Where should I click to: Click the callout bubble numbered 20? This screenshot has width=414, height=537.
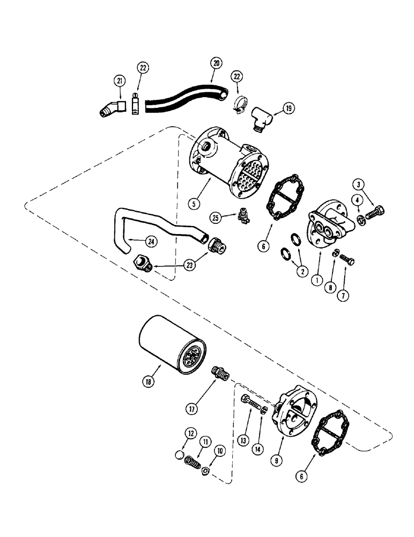(x=216, y=63)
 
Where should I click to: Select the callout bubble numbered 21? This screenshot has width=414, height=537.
(x=119, y=81)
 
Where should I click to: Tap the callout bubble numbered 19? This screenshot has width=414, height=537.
(x=288, y=108)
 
